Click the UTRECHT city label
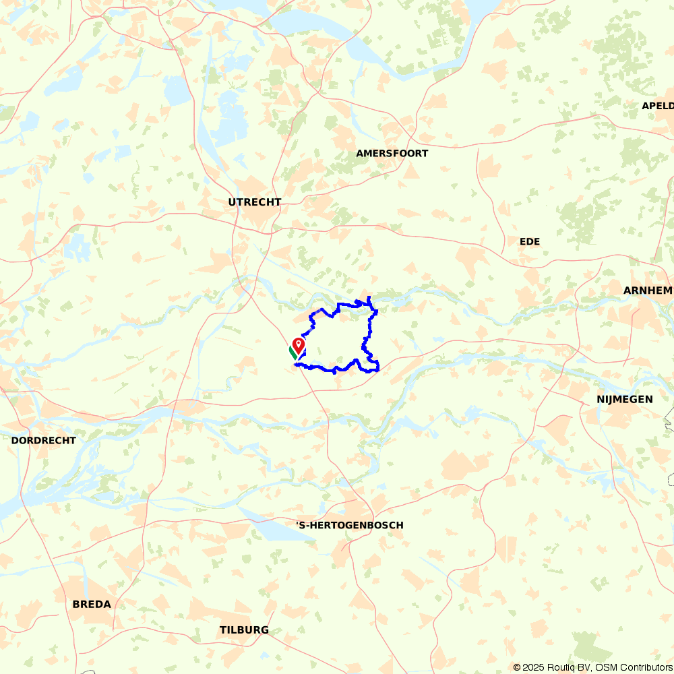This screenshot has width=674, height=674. pos(254,202)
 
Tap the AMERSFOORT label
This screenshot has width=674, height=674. pos(392,154)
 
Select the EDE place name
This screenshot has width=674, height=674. pos(530,241)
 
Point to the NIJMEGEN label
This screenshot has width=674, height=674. pos(624,400)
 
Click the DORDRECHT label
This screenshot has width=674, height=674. pos(43,440)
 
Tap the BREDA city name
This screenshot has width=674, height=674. pos(92,605)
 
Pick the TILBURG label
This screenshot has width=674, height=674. pos(244,630)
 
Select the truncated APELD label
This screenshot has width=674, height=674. pos(657,106)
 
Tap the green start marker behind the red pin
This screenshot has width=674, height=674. pos(293,351)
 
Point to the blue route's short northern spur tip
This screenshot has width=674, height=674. pos(369,297)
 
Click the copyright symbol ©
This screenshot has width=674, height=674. pos(518,667)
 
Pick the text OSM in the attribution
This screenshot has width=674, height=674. pos(606,667)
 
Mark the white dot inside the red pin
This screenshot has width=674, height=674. pos(299,343)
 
